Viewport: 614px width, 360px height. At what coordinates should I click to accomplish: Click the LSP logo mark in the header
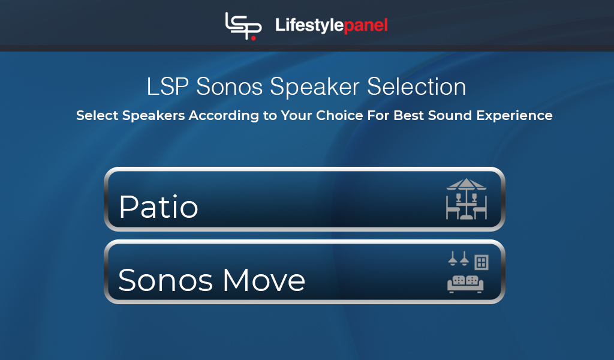point(243,26)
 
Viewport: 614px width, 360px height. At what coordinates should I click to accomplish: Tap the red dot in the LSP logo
point(254,38)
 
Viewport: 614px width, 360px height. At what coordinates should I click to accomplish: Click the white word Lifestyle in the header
point(309,25)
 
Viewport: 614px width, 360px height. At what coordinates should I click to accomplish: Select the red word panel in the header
point(366,26)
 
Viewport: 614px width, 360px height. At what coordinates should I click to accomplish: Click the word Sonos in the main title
point(229,86)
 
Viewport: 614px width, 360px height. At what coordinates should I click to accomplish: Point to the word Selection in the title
point(416,86)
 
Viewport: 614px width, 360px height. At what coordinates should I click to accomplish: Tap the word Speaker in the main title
point(314,87)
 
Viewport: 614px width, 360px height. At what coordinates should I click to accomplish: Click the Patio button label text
point(158,206)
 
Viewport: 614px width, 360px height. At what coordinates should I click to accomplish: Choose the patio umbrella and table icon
point(466,199)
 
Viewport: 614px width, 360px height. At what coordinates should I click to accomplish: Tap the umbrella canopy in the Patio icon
point(466,184)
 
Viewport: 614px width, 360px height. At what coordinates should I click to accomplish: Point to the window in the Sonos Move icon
point(481,262)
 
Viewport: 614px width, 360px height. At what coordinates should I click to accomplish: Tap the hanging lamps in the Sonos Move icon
point(458,259)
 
